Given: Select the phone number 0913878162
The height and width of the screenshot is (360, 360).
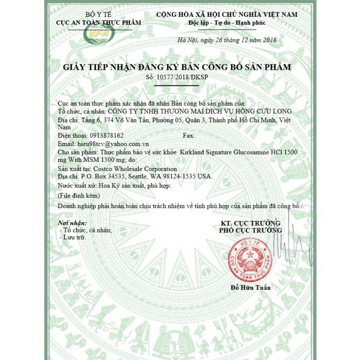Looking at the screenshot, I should (101, 136).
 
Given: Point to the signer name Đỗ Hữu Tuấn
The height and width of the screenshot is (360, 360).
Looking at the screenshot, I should (251, 288).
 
